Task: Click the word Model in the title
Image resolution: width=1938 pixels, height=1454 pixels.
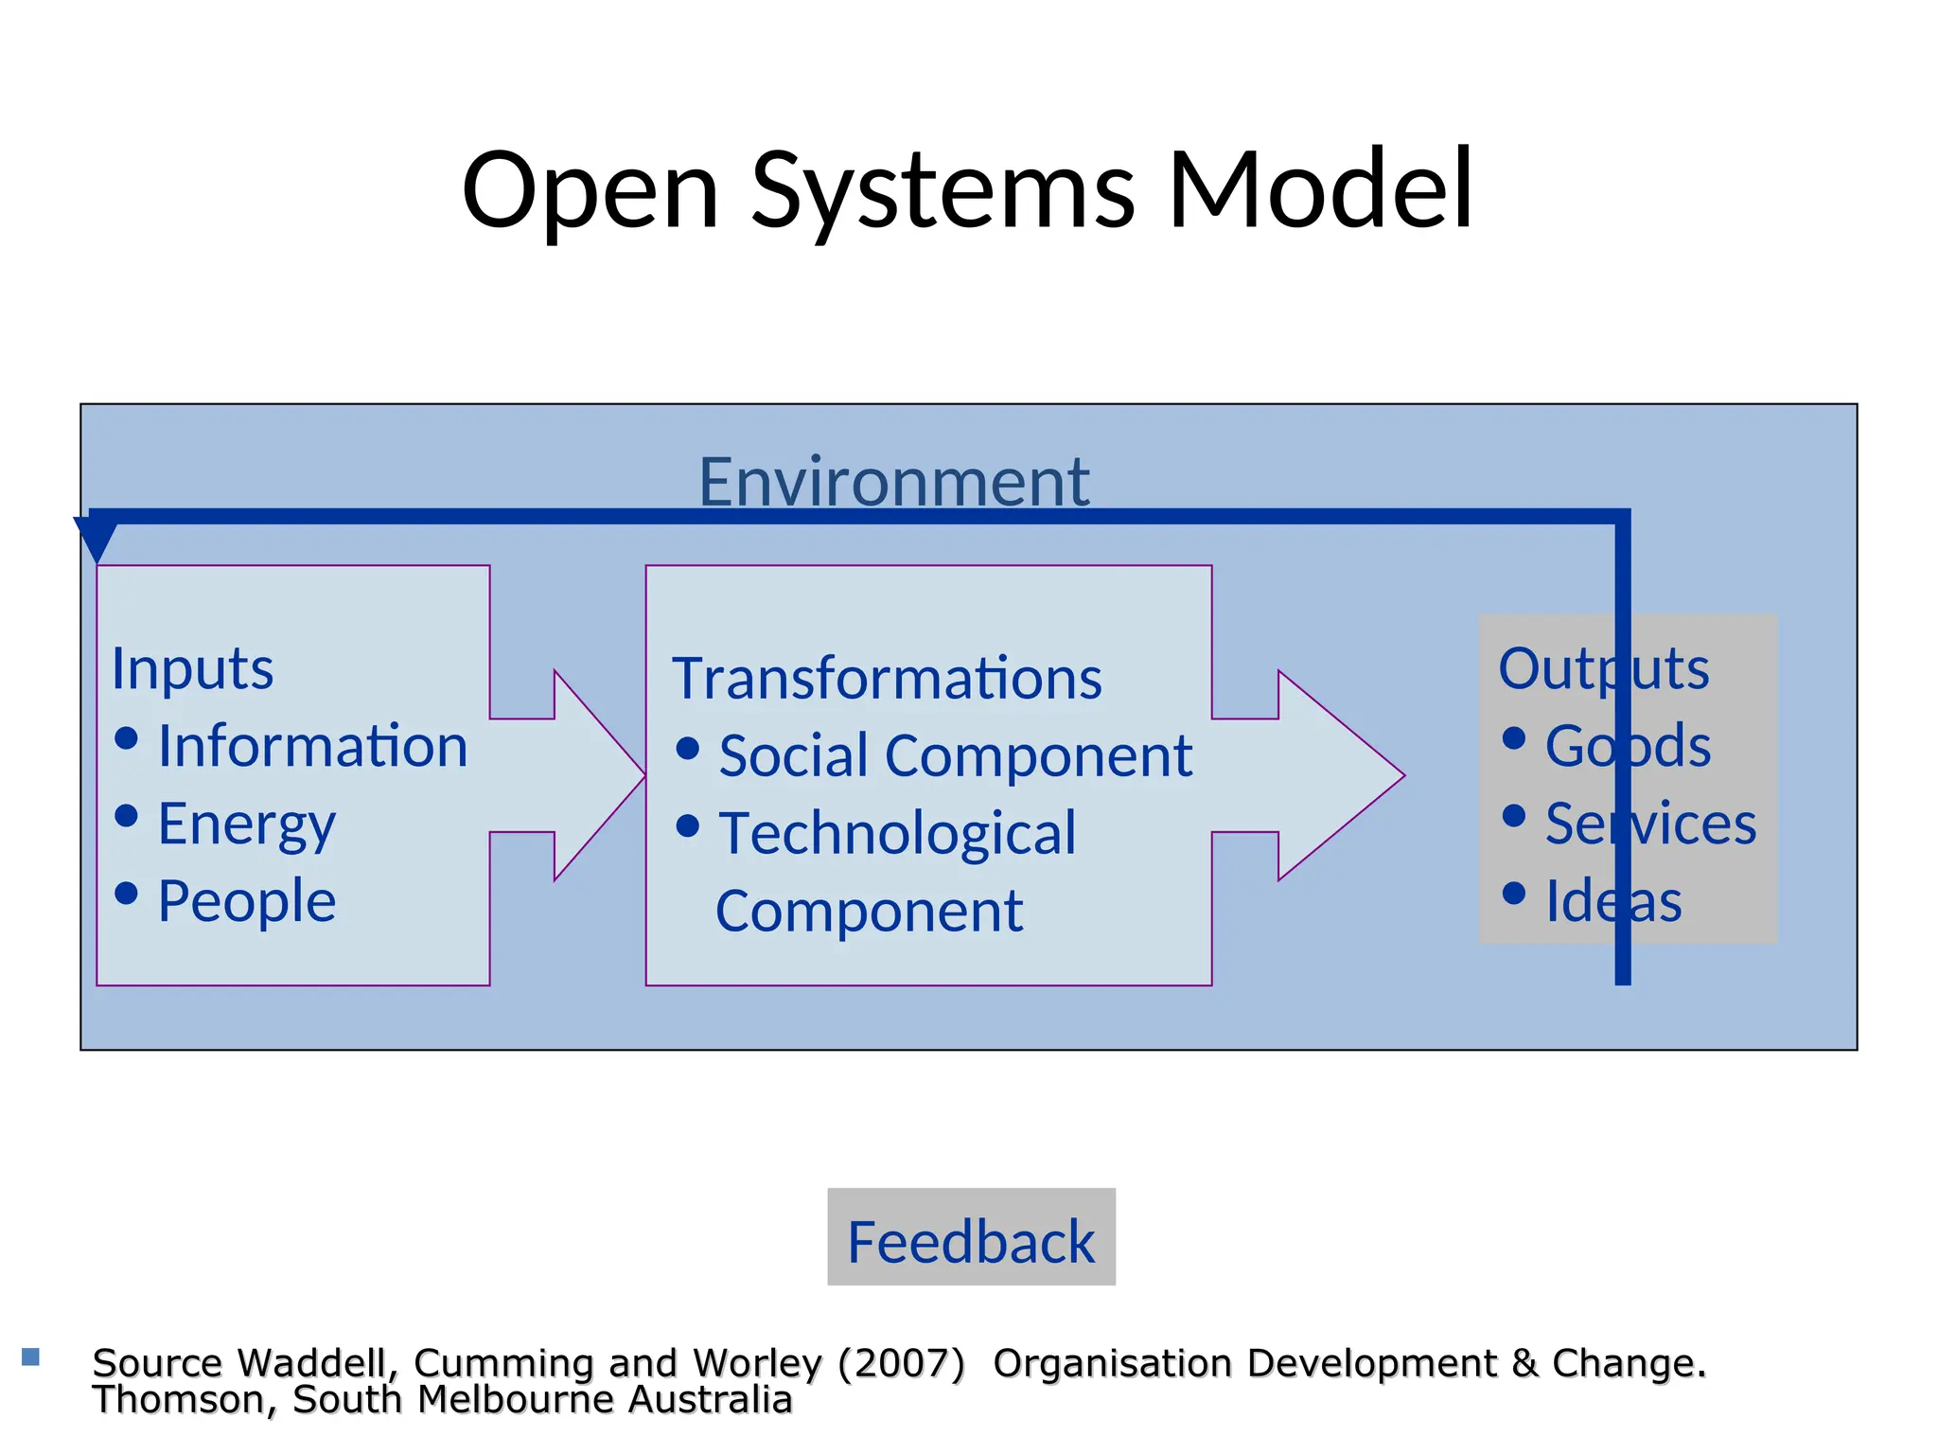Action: pyautogui.click(x=1321, y=189)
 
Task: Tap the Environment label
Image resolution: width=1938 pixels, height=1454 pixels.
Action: pyautogui.click(x=893, y=482)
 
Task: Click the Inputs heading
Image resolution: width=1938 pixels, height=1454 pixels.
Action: pyautogui.click(x=192, y=668)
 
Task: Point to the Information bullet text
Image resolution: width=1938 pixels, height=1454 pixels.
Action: pyautogui.click(x=312, y=746)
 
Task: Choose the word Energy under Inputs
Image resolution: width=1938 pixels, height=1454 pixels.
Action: pyautogui.click(x=246, y=824)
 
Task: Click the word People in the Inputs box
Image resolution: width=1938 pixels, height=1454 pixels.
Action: pyautogui.click(x=246, y=900)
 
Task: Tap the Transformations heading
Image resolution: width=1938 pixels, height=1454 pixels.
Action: pyautogui.click(x=887, y=679)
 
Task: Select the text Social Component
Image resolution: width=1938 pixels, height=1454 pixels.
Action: pyautogui.click(x=955, y=756)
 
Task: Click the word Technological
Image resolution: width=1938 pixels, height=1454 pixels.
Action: pyautogui.click(x=897, y=834)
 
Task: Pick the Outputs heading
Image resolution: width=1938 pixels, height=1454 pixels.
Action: pyautogui.click(x=1603, y=668)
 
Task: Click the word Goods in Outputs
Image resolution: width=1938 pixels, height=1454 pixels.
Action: pyautogui.click(x=1628, y=746)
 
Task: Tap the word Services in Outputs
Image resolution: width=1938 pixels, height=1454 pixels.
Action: pyautogui.click(x=1650, y=824)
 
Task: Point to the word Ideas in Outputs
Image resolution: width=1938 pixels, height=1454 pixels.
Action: pyautogui.click(x=1613, y=900)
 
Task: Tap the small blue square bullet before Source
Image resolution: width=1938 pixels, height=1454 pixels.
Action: pyautogui.click(x=30, y=1356)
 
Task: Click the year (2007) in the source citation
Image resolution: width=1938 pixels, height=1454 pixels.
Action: pyautogui.click(x=900, y=1363)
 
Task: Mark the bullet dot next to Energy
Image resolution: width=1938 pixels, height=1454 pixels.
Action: pyautogui.click(x=126, y=815)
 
